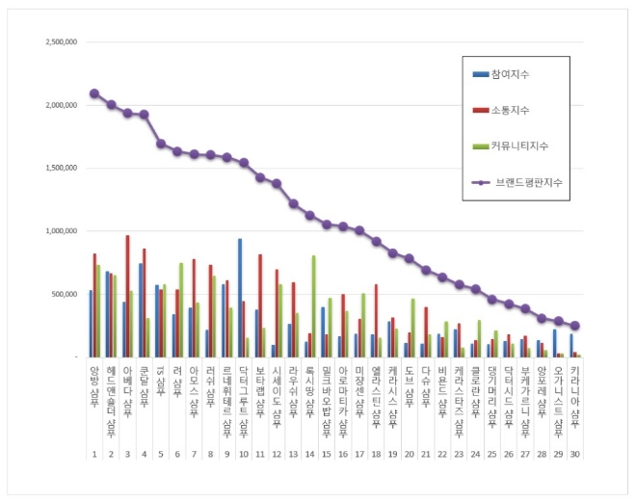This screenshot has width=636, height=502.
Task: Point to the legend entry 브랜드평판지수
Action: [528, 181]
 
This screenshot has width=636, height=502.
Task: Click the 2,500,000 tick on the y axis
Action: [62, 42]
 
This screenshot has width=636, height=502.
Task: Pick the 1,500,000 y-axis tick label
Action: [62, 168]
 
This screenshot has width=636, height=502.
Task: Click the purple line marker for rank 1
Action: [93, 93]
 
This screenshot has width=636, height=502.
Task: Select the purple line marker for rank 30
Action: [575, 326]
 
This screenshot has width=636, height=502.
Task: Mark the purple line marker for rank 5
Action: [161, 144]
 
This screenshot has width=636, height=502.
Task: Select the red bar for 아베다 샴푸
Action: [127, 296]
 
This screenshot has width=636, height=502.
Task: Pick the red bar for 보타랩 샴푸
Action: [260, 305]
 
